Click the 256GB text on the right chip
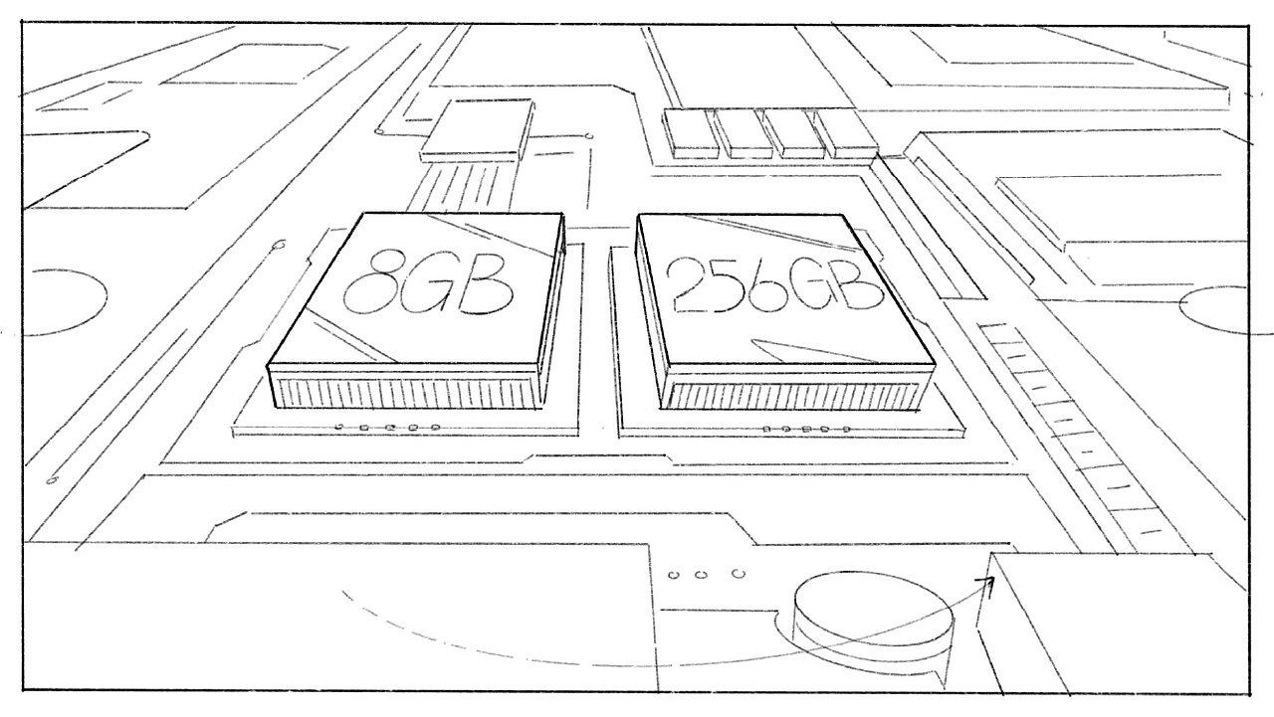coord(774,284)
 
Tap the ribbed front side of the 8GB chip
coord(404,392)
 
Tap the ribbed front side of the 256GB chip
coord(793,394)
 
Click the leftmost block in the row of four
coord(691,134)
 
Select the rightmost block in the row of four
coord(847,134)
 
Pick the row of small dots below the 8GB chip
coord(388,427)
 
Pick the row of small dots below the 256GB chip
coord(806,429)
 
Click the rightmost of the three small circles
coord(739,574)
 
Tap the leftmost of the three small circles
coord(674,576)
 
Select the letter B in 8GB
coord(485,284)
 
